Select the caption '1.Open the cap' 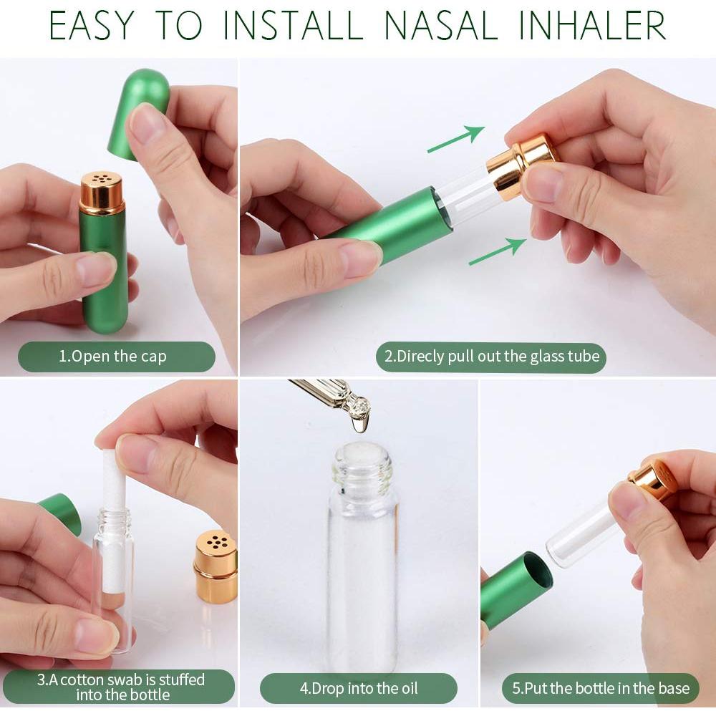pyautogui.click(x=116, y=356)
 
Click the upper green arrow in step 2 pyautogui.click(x=455, y=139)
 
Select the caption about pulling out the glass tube pyautogui.click(x=491, y=356)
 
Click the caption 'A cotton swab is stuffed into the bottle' pyautogui.click(x=121, y=687)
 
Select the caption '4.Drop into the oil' pyautogui.click(x=358, y=689)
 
